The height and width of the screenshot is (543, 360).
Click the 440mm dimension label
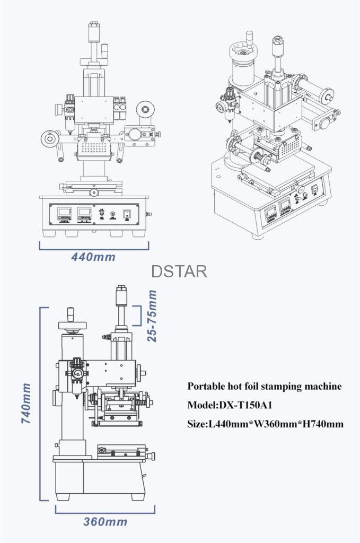click(x=93, y=257)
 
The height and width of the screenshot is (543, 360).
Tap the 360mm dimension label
click(x=105, y=521)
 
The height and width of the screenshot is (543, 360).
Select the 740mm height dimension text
click(x=25, y=403)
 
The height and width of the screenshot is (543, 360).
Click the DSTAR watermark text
click(x=179, y=271)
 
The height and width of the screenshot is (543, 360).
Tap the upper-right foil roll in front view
click(x=143, y=110)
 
